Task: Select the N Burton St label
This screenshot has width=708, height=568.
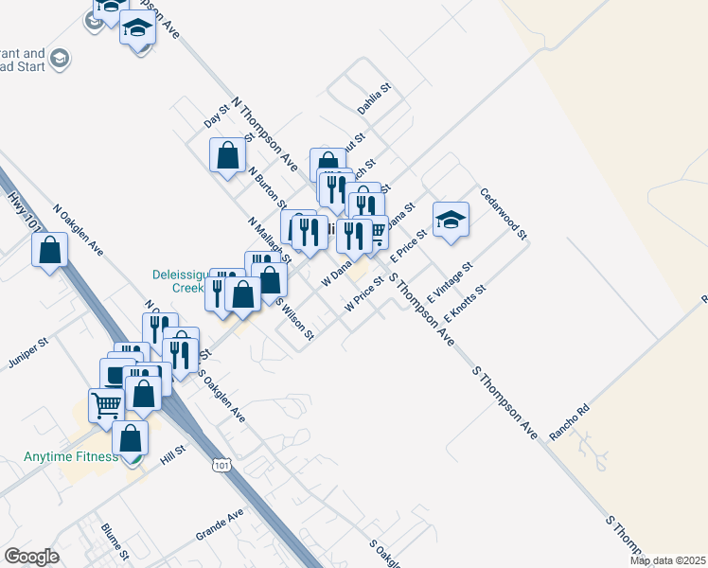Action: point(268,187)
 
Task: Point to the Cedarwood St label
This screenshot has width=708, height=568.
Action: point(503,213)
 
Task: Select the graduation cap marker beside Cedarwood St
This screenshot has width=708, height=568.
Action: point(451,220)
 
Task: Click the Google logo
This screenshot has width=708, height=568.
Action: point(31,557)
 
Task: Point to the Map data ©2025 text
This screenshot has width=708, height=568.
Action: point(666,560)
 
